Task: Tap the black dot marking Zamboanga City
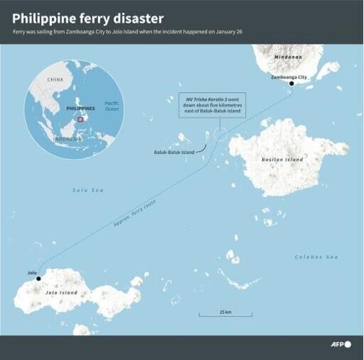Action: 291,84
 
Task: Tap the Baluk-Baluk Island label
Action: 174,152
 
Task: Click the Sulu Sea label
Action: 88,190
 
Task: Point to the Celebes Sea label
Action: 316,257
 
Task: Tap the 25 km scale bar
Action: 226,314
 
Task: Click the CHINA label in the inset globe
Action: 55,79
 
